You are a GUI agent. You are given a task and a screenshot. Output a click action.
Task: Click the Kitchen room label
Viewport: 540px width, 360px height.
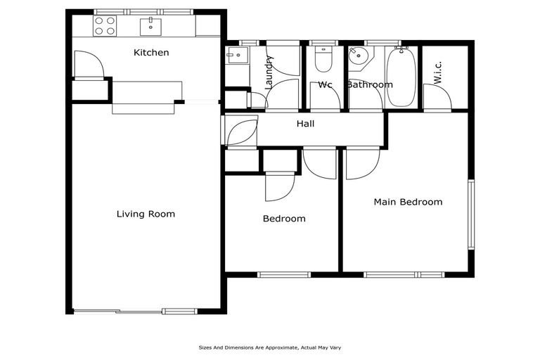click(x=151, y=53)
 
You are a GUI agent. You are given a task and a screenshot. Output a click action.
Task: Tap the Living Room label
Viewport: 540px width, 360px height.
click(x=146, y=214)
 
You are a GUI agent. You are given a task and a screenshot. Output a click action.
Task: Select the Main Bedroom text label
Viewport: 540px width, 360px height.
click(x=408, y=202)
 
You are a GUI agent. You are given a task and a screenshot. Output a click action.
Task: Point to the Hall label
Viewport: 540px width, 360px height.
click(x=305, y=124)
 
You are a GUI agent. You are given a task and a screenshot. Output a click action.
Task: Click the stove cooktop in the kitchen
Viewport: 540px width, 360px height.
click(x=105, y=26)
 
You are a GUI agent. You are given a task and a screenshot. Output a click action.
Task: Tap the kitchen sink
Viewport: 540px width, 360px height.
click(x=151, y=27)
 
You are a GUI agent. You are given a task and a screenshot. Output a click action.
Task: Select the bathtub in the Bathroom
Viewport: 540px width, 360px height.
click(x=401, y=77)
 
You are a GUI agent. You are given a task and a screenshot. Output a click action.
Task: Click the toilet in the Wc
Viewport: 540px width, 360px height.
click(x=323, y=59)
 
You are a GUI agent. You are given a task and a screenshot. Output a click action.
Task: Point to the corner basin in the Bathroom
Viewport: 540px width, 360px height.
click(x=359, y=56)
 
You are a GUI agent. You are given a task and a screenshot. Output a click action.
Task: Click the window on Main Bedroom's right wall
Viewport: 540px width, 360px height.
click(x=471, y=214)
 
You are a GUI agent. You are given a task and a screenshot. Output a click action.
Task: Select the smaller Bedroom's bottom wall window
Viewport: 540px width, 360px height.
click(x=283, y=274)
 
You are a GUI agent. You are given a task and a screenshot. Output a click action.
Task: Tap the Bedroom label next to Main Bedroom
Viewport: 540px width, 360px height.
click(x=284, y=219)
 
